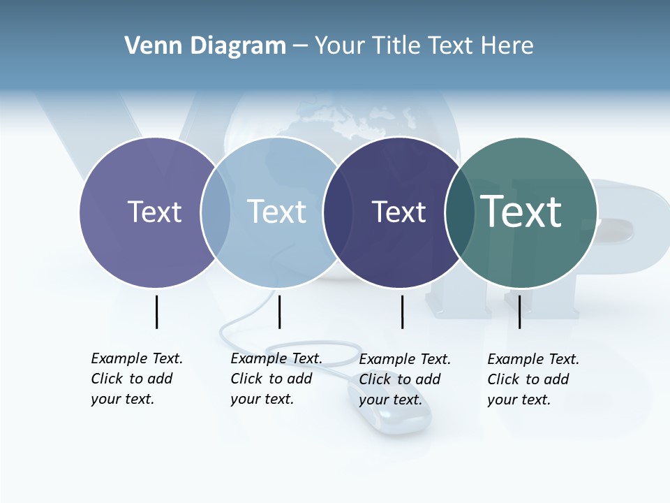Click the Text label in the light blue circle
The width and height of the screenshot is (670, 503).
point(277,212)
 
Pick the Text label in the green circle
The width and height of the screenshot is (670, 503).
point(521,212)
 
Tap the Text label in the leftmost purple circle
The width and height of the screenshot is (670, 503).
point(154,212)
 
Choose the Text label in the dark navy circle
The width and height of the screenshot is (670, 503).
point(399,212)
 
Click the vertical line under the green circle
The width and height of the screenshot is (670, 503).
point(519,312)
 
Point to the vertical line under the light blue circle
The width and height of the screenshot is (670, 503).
point(279,312)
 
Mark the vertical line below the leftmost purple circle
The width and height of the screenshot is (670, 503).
point(156,312)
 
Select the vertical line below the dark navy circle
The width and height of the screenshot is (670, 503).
point(402,312)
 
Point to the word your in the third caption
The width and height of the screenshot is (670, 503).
point(373,400)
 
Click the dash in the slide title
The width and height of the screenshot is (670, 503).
point(300,47)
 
